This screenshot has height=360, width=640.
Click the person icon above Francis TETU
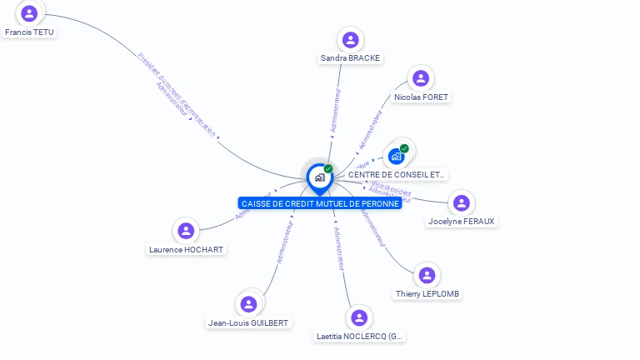(x=30, y=13)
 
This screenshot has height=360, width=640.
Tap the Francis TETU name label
(x=29, y=32)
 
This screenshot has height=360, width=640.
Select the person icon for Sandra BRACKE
(x=350, y=39)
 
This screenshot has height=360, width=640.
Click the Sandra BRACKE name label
(x=350, y=58)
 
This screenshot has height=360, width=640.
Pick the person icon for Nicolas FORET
(x=421, y=78)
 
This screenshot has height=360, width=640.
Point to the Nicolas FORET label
(x=421, y=97)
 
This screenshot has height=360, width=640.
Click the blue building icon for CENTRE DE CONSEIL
(x=397, y=156)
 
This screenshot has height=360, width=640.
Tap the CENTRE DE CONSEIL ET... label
(x=397, y=175)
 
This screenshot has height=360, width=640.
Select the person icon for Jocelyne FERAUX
(x=461, y=202)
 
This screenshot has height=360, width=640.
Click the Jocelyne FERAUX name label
(x=461, y=222)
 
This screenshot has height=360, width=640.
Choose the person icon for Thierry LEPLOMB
(x=427, y=275)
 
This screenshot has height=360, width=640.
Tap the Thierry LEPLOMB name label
(x=427, y=294)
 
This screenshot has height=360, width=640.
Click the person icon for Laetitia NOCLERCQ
(x=359, y=317)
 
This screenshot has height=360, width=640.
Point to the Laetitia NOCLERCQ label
(x=359, y=337)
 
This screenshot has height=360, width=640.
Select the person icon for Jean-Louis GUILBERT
(x=247, y=304)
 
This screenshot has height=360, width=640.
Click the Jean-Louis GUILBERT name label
(x=247, y=323)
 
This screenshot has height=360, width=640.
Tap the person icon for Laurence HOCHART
(x=186, y=230)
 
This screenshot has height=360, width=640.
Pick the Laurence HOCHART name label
(x=186, y=249)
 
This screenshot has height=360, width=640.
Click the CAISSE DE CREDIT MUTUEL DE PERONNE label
(x=320, y=203)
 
